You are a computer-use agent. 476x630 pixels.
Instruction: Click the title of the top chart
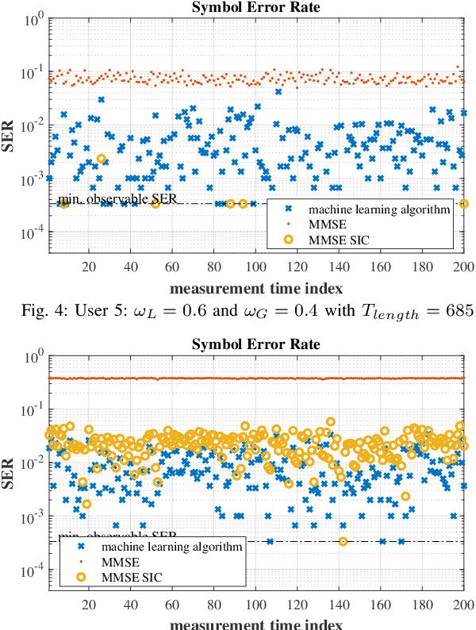(256, 8)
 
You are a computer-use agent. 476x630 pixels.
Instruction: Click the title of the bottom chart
(256, 345)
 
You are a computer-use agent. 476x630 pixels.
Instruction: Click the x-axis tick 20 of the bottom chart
(89, 602)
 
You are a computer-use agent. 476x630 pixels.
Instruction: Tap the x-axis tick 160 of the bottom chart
(380, 602)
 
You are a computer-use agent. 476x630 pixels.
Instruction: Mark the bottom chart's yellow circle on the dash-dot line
(344, 542)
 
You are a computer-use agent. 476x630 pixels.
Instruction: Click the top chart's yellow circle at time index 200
(464, 204)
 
